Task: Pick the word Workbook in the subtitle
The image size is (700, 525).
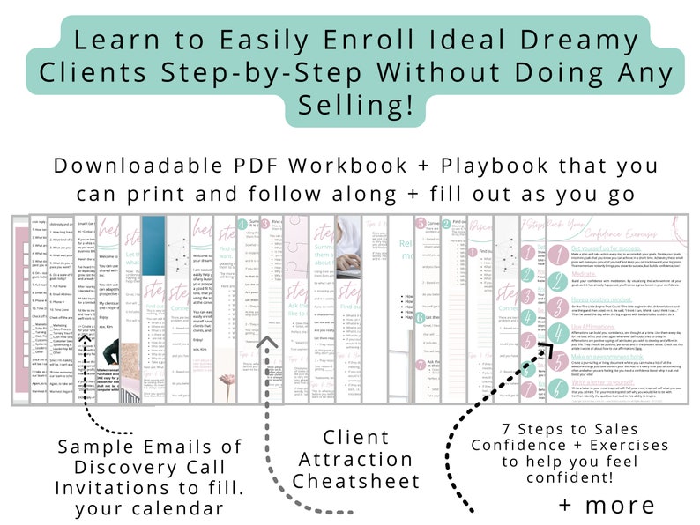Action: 361,166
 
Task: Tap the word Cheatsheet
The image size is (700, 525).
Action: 355,482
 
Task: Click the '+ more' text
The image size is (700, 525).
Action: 607,505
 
